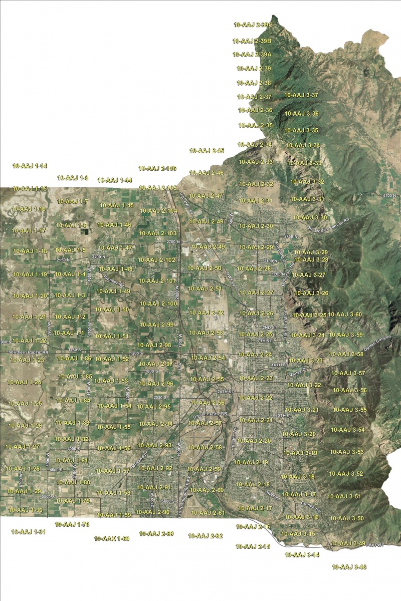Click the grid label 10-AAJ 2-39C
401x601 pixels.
click(253, 24)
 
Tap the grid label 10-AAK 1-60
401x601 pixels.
click(112, 539)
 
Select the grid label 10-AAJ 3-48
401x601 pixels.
click(349, 567)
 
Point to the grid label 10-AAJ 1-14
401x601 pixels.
click(30, 166)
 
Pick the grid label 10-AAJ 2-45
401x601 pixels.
click(207, 151)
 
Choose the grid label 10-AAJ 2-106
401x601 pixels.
click(157, 168)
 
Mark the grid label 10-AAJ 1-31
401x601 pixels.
click(29, 532)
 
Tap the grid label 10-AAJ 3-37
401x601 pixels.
click(301, 95)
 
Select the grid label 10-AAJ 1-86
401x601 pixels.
click(74, 359)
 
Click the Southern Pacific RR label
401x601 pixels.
click(25, 353)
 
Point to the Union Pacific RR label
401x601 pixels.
click(210, 414)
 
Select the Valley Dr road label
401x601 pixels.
click(296, 371)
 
